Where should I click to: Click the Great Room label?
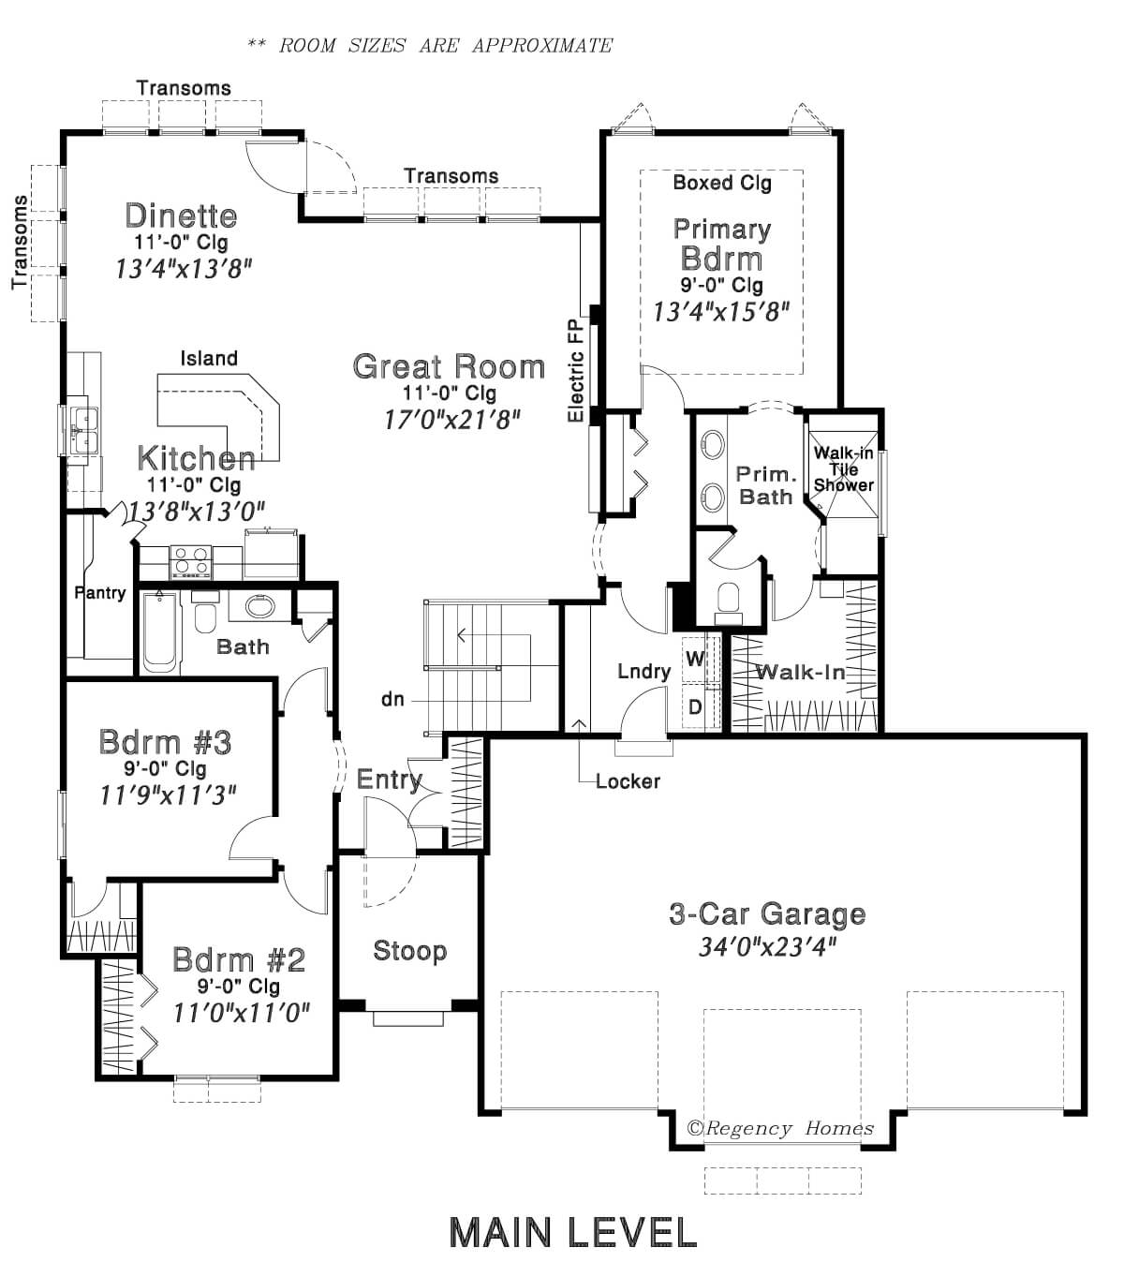pos(449,366)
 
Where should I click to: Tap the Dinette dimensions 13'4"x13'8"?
pos(184,269)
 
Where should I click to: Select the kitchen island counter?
pos(218,417)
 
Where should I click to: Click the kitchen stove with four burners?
pos(190,560)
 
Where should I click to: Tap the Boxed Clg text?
pos(722,183)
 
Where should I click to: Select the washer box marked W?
pos(696,659)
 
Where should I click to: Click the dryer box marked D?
pos(696,706)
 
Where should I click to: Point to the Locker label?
pos(628,781)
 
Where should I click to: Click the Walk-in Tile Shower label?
pos(843,468)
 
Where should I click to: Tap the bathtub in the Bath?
pos(161,631)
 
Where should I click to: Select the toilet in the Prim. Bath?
pos(728,602)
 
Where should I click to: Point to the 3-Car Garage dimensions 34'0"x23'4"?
pos(766,947)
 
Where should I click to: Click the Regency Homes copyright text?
pos(779,1128)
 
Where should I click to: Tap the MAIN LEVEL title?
pos(573,1232)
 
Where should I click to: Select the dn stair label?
pos(392,699)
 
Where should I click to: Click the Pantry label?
pos(99,592)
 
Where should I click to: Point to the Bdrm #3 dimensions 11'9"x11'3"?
pos(169,794)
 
